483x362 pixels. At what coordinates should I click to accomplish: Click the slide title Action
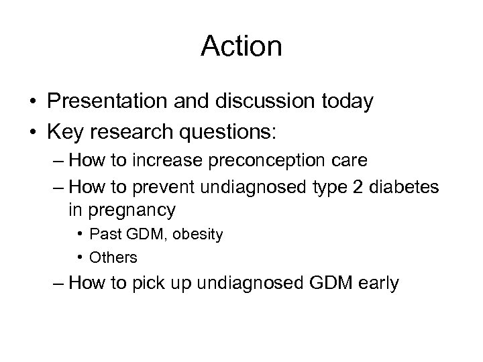coord(241,46)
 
